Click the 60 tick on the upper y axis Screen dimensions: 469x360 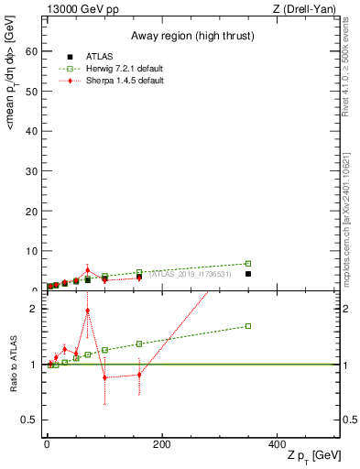coord(36,52)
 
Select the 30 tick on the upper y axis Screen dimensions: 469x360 coord(36,171)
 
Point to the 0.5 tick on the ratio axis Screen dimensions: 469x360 coord(33,420)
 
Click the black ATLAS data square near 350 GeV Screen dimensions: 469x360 coord(247,274)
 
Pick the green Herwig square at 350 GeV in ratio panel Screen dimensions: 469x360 coord(247,326)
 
